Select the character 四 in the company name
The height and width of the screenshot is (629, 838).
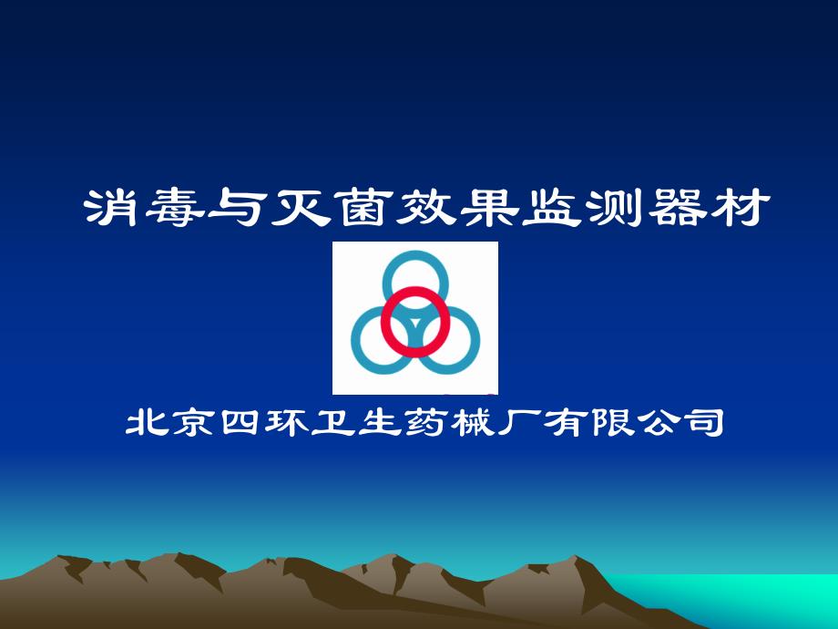pyautogui.click(x=240, y=423)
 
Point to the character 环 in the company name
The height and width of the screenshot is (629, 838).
pyautogui.click(x=286, y=423)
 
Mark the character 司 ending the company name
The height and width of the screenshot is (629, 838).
pyautogui.click(x=705, y=423)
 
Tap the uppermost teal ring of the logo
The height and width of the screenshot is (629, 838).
pyautogui.click(x=415, y=254)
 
